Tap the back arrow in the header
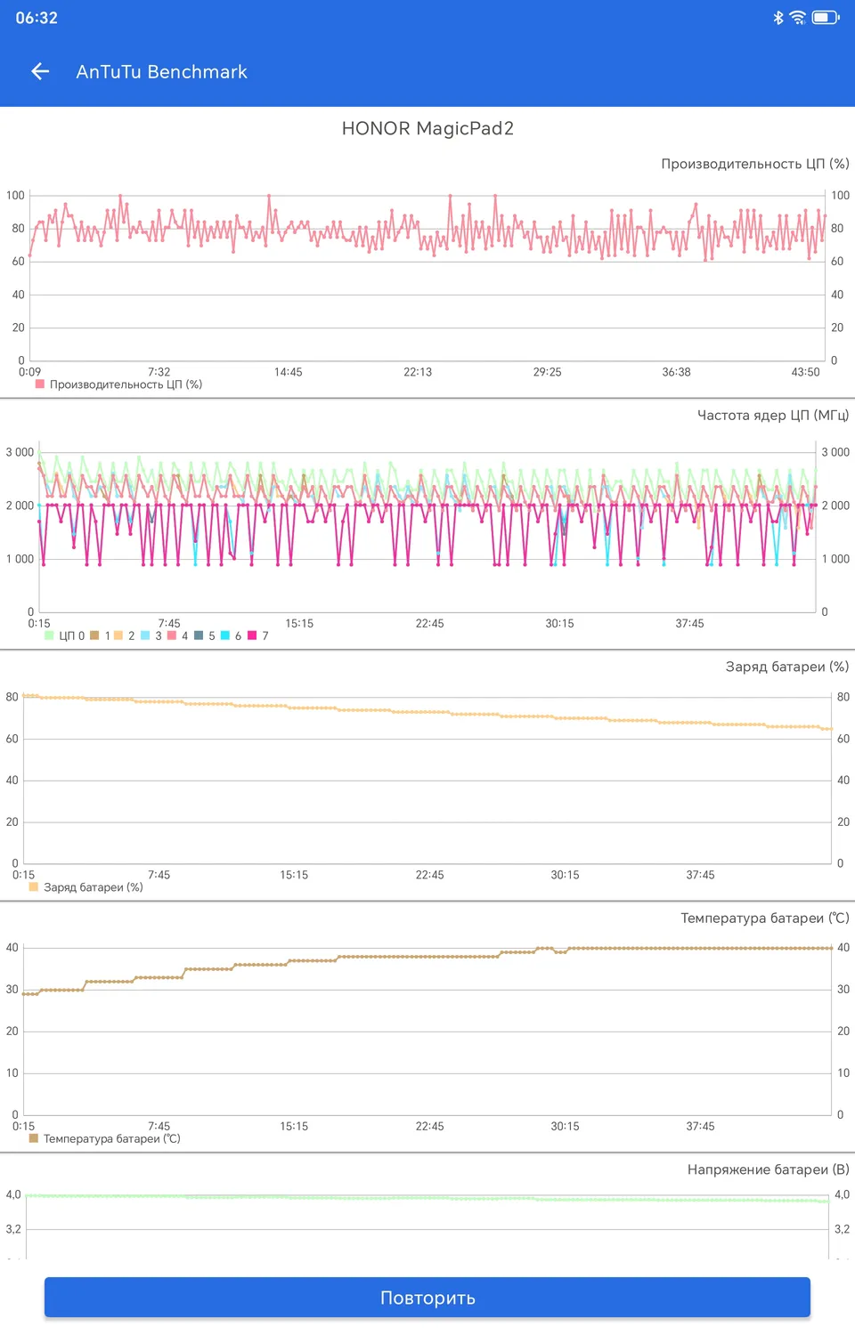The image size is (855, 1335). coord(40,71)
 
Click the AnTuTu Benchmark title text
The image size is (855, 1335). coord(161,72)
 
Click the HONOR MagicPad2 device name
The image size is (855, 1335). coord(427,128)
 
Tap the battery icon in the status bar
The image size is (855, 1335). coord(825,17)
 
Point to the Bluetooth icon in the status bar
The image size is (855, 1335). coord(778,17)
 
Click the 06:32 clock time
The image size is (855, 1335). coord(37,18)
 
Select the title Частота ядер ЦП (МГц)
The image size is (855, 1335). coord(772,415)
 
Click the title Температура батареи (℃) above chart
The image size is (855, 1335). coord(764,918)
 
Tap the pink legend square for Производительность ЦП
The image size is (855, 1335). coord(40,384)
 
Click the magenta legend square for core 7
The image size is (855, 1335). coord(252,635)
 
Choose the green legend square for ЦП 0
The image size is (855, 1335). coord(49,635)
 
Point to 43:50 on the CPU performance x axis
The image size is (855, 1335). coord(805,372)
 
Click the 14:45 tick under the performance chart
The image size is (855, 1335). coord(288,372)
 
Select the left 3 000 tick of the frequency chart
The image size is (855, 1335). coord(20,452)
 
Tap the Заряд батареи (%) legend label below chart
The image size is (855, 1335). coord(93,887)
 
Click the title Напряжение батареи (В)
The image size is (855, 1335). coord(768,1169)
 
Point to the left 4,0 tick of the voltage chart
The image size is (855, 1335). coord(13,1194)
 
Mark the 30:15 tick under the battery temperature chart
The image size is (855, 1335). coord(565,1126)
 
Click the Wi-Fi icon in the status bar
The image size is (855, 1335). coord(798,17)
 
